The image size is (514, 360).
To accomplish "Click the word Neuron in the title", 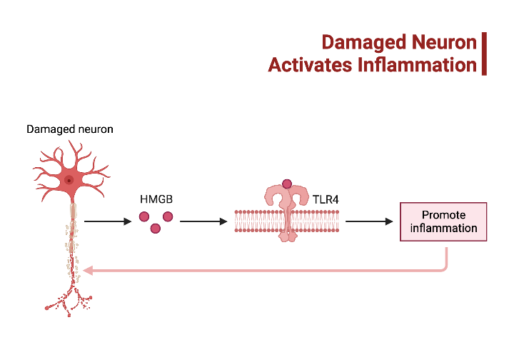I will click(444, 42).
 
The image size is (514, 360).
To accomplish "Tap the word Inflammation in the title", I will click(416, 65).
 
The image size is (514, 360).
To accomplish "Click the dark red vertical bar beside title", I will click(483, 54).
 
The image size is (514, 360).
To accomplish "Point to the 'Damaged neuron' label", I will click(70, 129).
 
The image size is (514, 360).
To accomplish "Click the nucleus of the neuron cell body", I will click(69, 181).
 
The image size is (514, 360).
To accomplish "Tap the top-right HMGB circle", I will click(168, 216).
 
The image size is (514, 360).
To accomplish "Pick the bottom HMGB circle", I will click(156, 229).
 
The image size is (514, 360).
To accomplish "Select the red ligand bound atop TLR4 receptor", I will click(287, 184).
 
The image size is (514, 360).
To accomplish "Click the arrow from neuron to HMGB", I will click(108, 221).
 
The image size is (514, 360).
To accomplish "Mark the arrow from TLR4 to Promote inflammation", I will click(369, 221).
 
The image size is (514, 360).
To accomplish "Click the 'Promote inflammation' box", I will click(443, 221).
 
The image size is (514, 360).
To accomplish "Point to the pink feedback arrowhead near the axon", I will click(87, 271).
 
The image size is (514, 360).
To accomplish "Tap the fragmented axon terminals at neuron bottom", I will click(71, 300).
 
